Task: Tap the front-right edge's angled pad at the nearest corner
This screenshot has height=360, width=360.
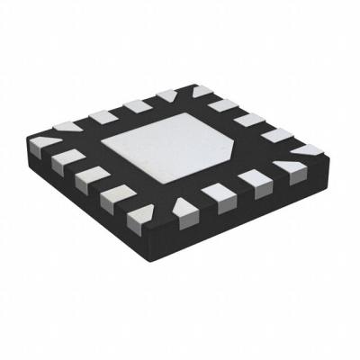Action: click(184, 213)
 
